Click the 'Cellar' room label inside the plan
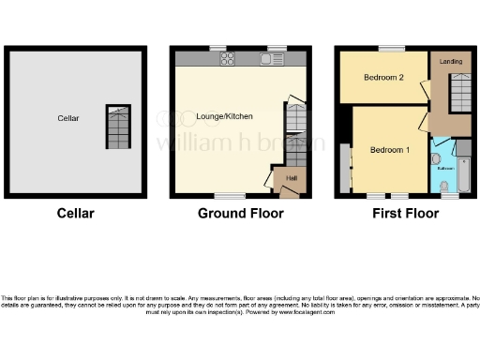[x=67, y=118]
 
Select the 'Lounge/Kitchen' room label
[x=225, y=115]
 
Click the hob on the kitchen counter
[x=227, y=59]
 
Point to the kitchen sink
[x=268, y=59]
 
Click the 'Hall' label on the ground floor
[x=291, y=177]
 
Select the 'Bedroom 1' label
[x=388, y=150]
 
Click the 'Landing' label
[x=450, y=62]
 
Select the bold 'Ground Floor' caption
[x=240, y=214]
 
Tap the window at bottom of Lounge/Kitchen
[x=226, y=197]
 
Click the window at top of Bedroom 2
[x=392, y=48]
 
